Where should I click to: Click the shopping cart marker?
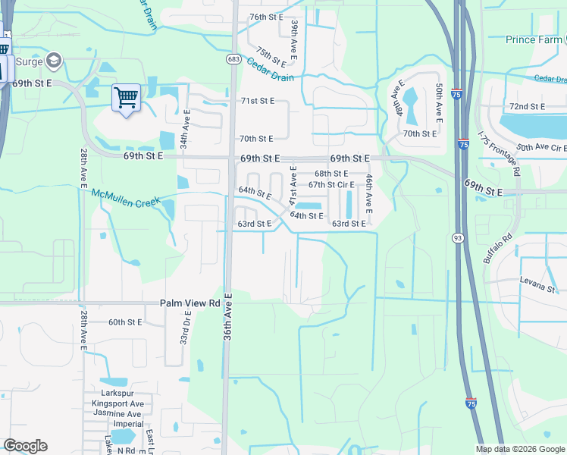tap(126, 97)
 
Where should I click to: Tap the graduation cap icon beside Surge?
tap(54, 59)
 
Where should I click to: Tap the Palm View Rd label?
tap(190, 303)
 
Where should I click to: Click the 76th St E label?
tap(266, 17)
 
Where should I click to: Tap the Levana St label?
tap(537, 289)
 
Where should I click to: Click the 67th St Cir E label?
tap(331, 184)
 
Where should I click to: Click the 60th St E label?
tap(126, 322)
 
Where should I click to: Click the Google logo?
tap(25, 446)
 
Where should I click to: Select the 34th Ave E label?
tap(183, 129)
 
